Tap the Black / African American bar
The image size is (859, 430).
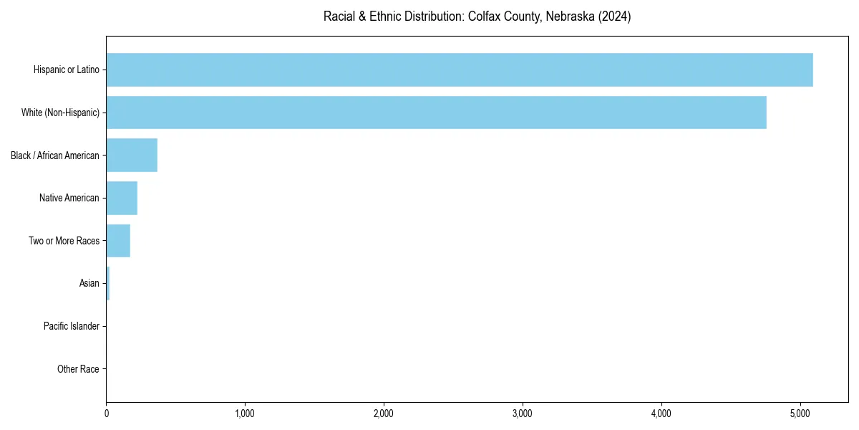132,156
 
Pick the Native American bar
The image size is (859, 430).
122,198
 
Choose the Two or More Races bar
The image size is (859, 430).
118,241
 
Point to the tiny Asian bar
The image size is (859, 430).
108,284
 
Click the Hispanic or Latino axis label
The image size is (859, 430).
66,70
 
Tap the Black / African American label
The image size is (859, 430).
54,156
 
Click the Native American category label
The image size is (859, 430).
69,198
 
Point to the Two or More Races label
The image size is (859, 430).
64,241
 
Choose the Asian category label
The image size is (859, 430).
89,284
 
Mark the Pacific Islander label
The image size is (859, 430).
71,326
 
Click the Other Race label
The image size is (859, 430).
78,369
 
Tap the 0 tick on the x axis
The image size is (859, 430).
107,414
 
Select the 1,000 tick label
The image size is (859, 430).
245,414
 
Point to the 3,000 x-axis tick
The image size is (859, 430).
523,414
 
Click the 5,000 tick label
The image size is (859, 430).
800,414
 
